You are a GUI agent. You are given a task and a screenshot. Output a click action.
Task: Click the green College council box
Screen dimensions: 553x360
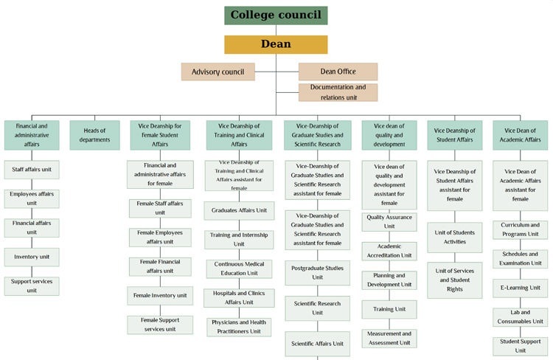click(x=276, y=15)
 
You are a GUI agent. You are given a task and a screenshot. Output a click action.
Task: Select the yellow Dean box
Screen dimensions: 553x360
click(x=276, y=44)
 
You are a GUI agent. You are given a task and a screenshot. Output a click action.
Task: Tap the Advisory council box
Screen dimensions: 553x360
click(x=218, y=72)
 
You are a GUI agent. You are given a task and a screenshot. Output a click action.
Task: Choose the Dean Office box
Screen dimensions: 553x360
click(x=338, y=72)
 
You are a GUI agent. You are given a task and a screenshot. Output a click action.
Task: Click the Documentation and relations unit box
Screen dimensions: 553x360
click(x=338, y=92)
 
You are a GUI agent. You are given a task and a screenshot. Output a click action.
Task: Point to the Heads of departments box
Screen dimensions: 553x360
click(x=94, y=135)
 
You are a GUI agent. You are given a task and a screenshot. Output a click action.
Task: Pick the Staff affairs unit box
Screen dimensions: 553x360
click(x=32, y=170)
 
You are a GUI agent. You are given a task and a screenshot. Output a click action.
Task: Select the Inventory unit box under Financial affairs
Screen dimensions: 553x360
click(x=32, y=257)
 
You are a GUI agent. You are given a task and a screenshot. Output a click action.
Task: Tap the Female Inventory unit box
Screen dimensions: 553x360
click(x=160, y=296)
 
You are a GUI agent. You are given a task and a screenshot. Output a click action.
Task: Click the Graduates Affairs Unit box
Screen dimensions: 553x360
click(x=239, y=211)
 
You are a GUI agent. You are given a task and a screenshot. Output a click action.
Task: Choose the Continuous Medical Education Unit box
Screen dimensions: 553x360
click(x=239, y=269)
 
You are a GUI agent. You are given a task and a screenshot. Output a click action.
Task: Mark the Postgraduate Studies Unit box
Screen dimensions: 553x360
click(x=317, y=273)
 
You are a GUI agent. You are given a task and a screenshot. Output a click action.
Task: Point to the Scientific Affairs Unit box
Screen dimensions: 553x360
click(x=317, y=344)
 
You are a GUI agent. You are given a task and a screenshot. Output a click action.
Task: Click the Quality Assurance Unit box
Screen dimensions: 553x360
click(x=389, y=222)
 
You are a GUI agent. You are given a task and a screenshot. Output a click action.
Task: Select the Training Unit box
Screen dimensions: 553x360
click(x=389, y=310)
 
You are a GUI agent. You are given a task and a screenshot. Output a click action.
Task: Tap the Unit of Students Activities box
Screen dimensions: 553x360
click(x=455, y=238)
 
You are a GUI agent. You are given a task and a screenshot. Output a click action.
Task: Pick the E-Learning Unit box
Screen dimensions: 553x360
click(x=521, y=288)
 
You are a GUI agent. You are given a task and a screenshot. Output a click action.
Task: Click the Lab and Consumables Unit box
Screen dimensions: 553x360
click(x=521, y=317)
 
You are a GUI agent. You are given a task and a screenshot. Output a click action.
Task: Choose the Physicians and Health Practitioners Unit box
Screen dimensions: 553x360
click(x=239, y=328)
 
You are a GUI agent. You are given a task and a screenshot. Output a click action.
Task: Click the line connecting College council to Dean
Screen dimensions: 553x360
click(x=276, y=30)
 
